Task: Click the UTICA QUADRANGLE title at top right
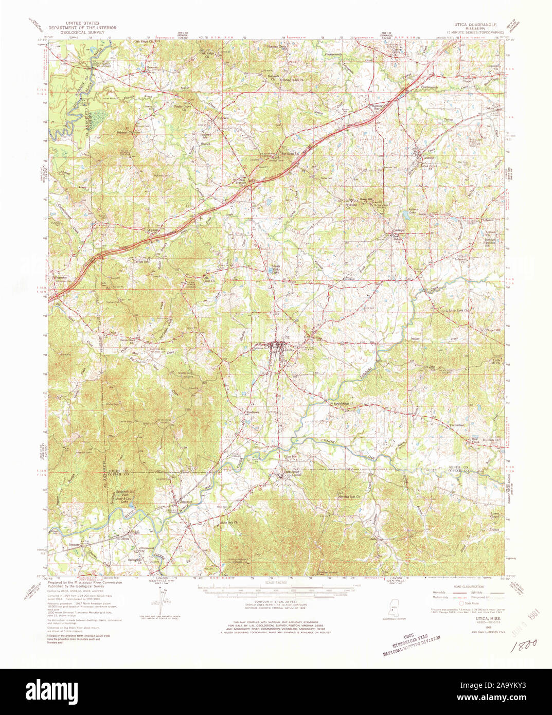(x=475, y=24)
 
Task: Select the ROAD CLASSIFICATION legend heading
(x=468, y=587)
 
